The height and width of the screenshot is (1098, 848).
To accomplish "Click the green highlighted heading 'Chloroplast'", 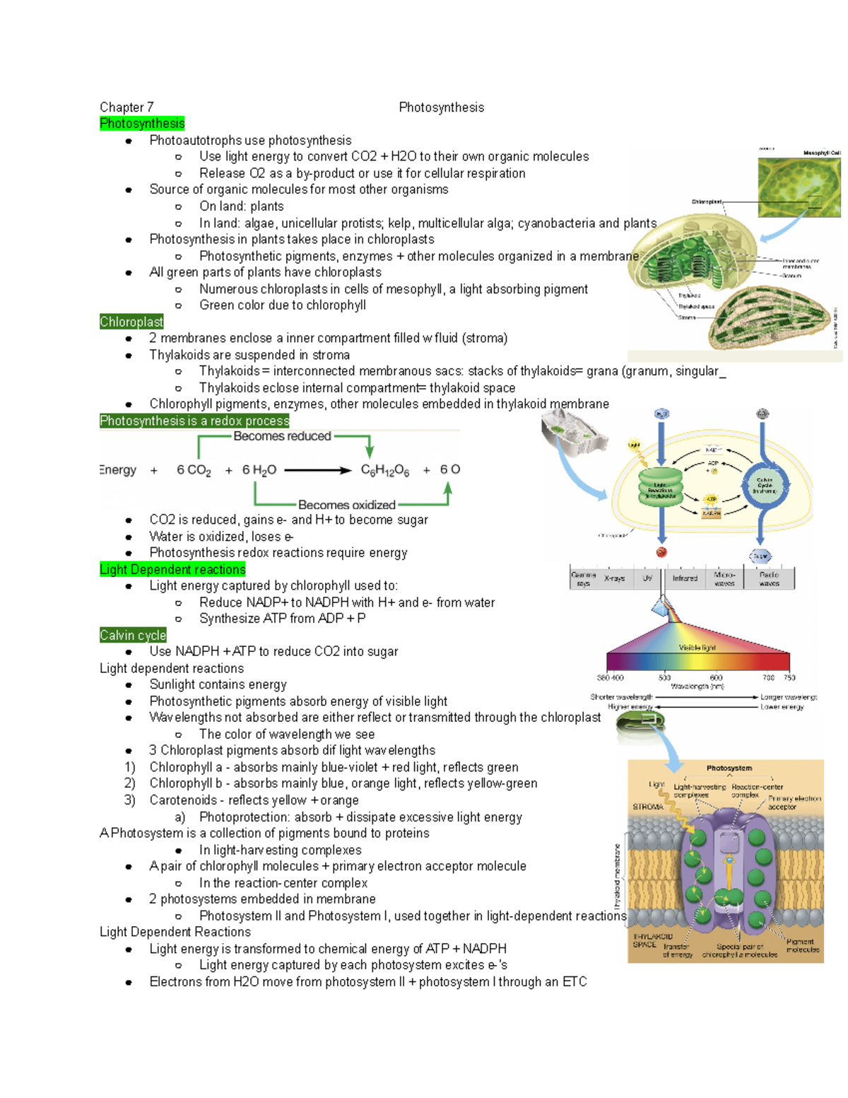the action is pyautogui.click(x=131, y=322).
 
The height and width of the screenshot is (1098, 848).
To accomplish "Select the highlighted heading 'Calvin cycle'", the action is pyautogui.click(x=133, y=636).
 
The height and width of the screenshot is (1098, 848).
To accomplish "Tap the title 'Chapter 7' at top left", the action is pyautogui.click(x=126, y=107).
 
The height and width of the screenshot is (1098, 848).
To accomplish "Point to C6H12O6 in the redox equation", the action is pyautogui.click(x=385, y=470).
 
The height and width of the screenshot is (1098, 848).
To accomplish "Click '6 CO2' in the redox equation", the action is pyautogui.click(x=194, y=470).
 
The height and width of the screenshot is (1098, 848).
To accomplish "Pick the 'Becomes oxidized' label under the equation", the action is pyautogui.click(x=346, y=505).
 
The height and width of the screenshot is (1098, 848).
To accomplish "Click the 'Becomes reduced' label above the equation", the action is pyautogui.click(x=282, y=436).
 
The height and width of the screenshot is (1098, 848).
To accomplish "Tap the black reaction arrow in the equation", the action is pyautogui.click(x=317, y=470).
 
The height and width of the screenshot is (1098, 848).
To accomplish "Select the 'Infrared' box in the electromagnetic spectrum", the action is pyautogui.click(x=685, y=578).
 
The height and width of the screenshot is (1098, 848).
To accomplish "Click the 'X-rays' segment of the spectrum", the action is pyautogui.click(x=614, y=578).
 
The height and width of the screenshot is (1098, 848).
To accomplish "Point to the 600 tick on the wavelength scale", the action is pyautogui.click(x=716, y=677).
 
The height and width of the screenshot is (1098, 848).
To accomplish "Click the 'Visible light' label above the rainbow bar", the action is pyautogui.click(x=697, y=648).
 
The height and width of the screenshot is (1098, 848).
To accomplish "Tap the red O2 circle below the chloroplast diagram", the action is pyautogui.click(x=661, y=552).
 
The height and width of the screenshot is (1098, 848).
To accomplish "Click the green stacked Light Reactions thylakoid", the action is pyautogui.click(x=660, y=486).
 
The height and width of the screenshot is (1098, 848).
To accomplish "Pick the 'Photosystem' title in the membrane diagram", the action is pyautogui.click(x=729, y=768).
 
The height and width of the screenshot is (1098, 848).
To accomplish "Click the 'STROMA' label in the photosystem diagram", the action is pyautogui.click(x=647, y=807).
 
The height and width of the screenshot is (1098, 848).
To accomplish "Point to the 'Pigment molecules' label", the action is pyautogui.click(x=802, y=946).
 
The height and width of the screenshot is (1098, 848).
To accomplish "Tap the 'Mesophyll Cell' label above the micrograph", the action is pyautogui.click(x=821, y=153).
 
